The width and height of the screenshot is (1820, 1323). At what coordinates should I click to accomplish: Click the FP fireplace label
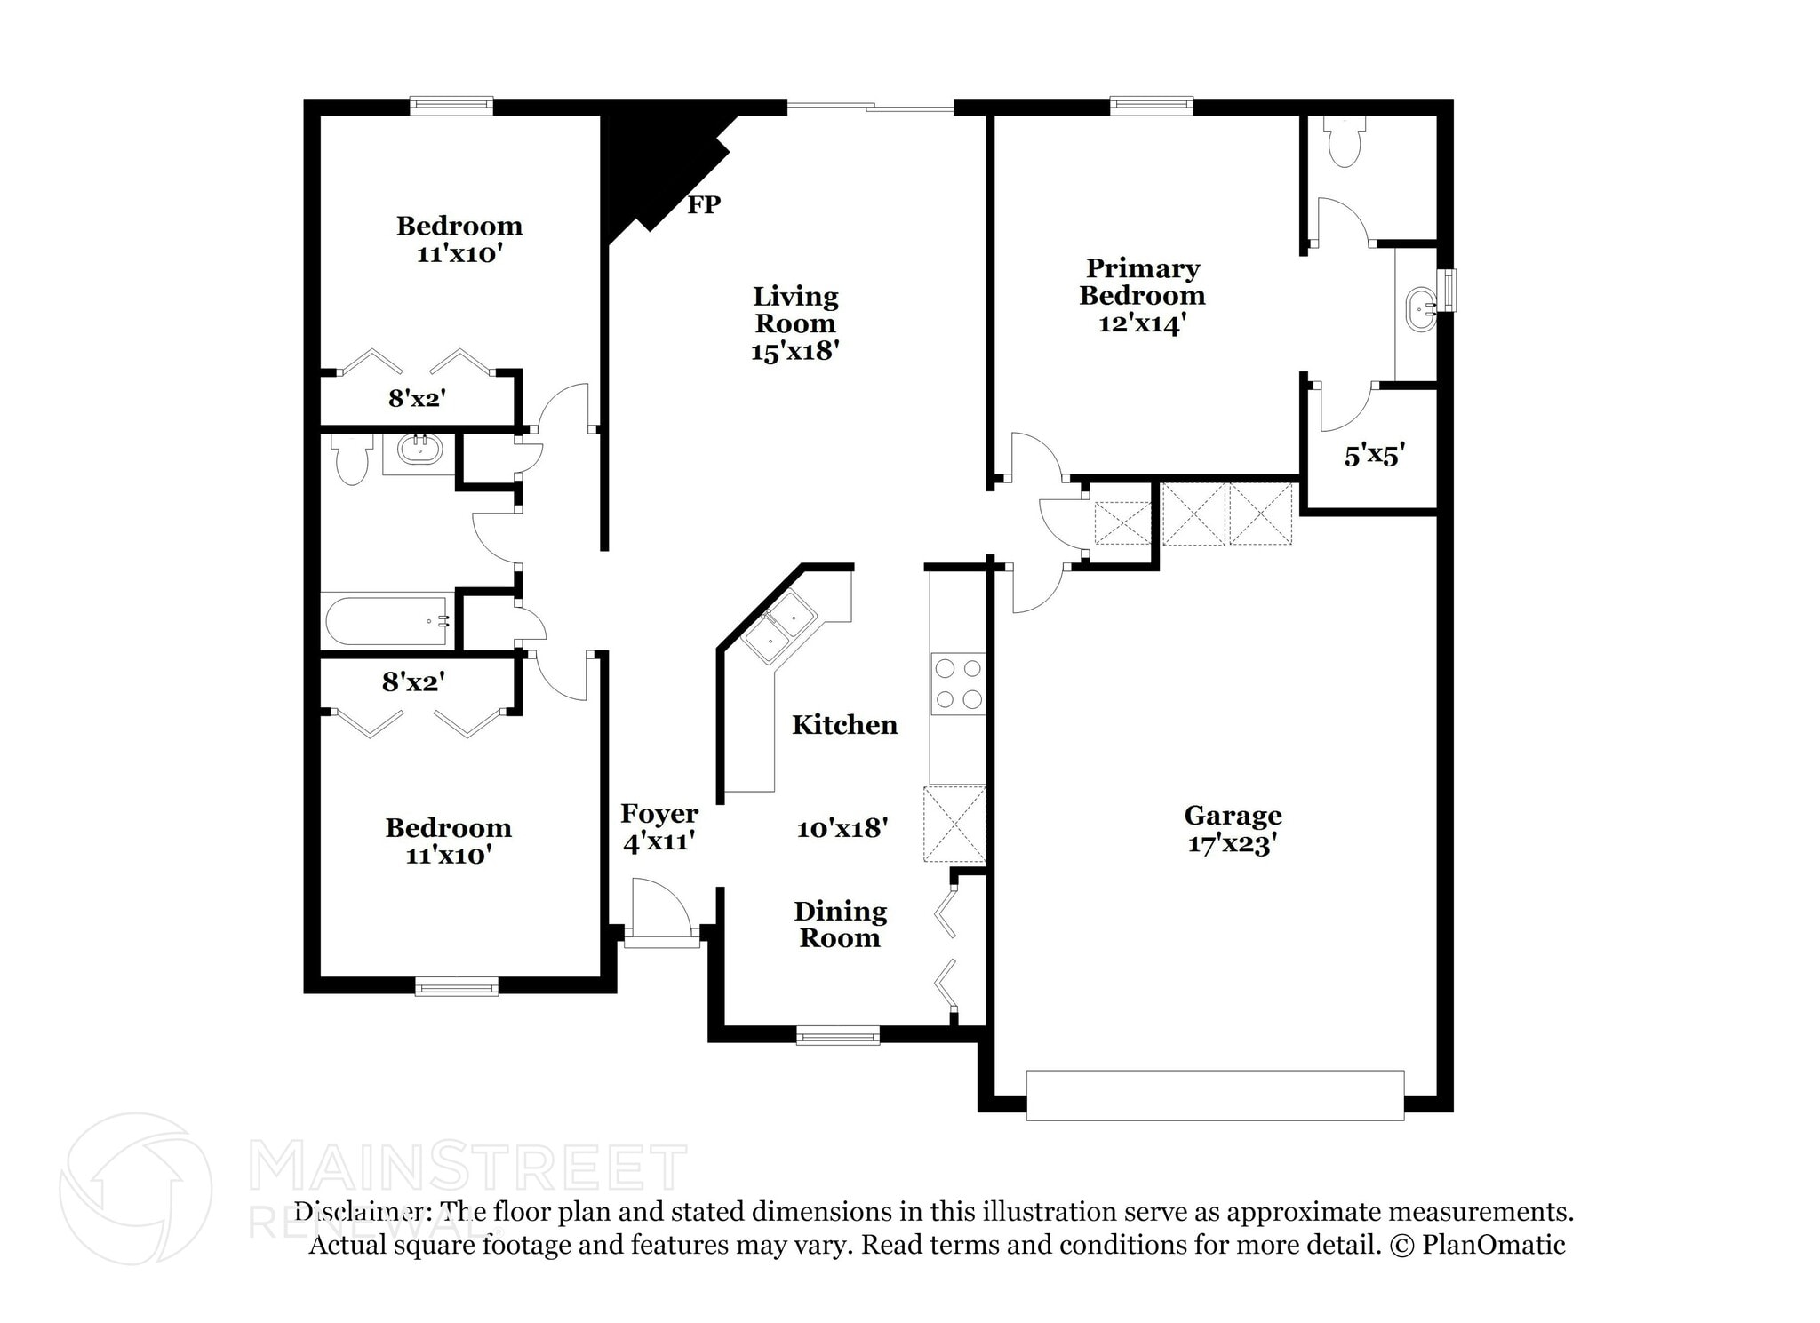[704, 205]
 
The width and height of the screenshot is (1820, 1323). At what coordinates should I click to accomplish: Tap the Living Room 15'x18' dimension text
[795, 351]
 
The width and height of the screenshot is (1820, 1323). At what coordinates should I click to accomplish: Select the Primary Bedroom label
[1142, 282]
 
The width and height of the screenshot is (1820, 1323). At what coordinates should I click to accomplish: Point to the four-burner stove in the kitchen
[958, 683]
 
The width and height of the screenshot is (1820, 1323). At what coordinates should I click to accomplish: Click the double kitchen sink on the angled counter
[779, 627]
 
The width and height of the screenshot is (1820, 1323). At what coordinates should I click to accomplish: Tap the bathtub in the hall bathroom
[387, 621]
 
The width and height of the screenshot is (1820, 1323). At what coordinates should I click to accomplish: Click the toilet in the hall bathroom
[352, 458]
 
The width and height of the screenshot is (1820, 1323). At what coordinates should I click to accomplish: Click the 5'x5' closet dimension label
[1373, 456]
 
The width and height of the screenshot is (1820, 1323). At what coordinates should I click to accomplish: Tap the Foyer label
[659, 814]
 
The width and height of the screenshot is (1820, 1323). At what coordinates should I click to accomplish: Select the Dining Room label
[840, 924]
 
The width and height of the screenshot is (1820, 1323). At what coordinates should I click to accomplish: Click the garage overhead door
[1215, 1095]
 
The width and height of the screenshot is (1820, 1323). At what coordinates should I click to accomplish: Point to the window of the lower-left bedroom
[457, 986]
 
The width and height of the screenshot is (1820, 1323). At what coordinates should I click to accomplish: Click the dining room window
[837, 1035]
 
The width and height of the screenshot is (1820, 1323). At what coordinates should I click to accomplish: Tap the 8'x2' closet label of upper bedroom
[417, 398]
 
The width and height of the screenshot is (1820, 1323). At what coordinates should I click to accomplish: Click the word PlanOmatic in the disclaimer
[1493, 1245]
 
